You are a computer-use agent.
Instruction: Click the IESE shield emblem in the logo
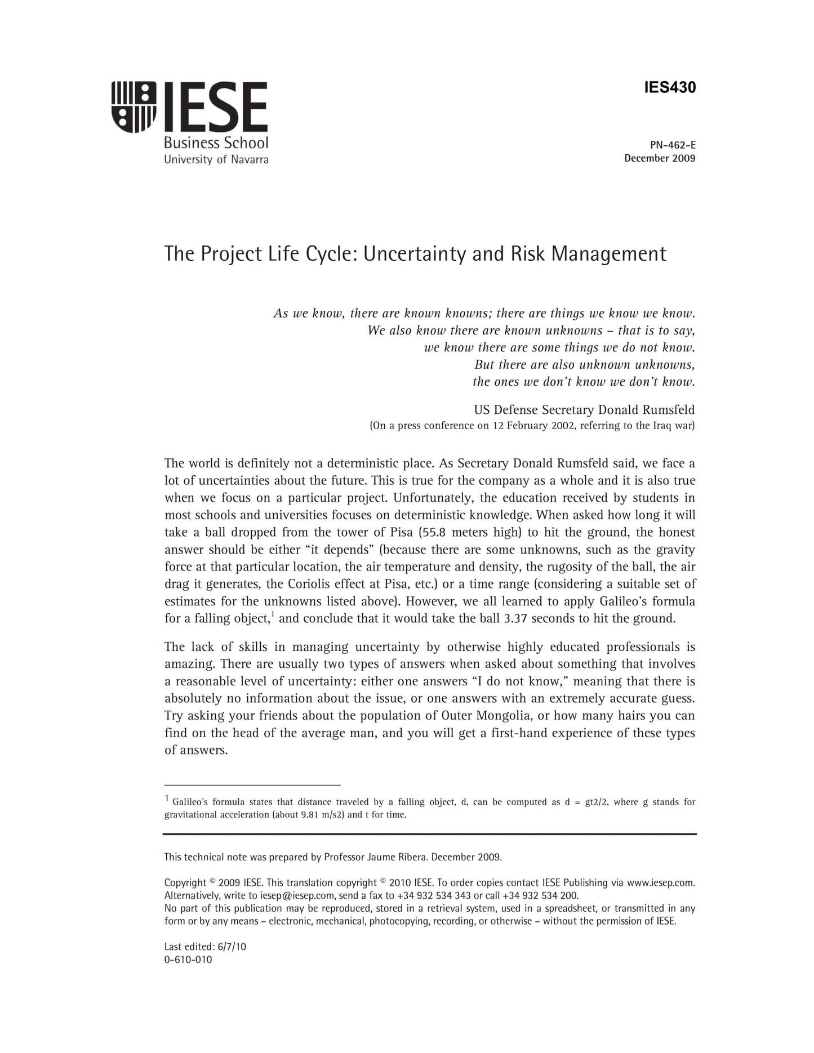(134, 107)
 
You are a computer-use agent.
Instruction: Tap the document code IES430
(670, 88)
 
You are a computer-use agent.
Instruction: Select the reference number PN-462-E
(673, 145)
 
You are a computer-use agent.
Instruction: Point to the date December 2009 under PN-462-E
(660, 158)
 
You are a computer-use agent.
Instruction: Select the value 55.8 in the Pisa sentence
(434, 533)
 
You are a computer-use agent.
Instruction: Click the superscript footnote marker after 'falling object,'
(273, 614)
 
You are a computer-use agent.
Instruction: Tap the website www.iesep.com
(660, 883)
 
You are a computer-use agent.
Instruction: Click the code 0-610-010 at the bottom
(188, 960)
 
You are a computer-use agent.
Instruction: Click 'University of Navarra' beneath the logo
(216, 160)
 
